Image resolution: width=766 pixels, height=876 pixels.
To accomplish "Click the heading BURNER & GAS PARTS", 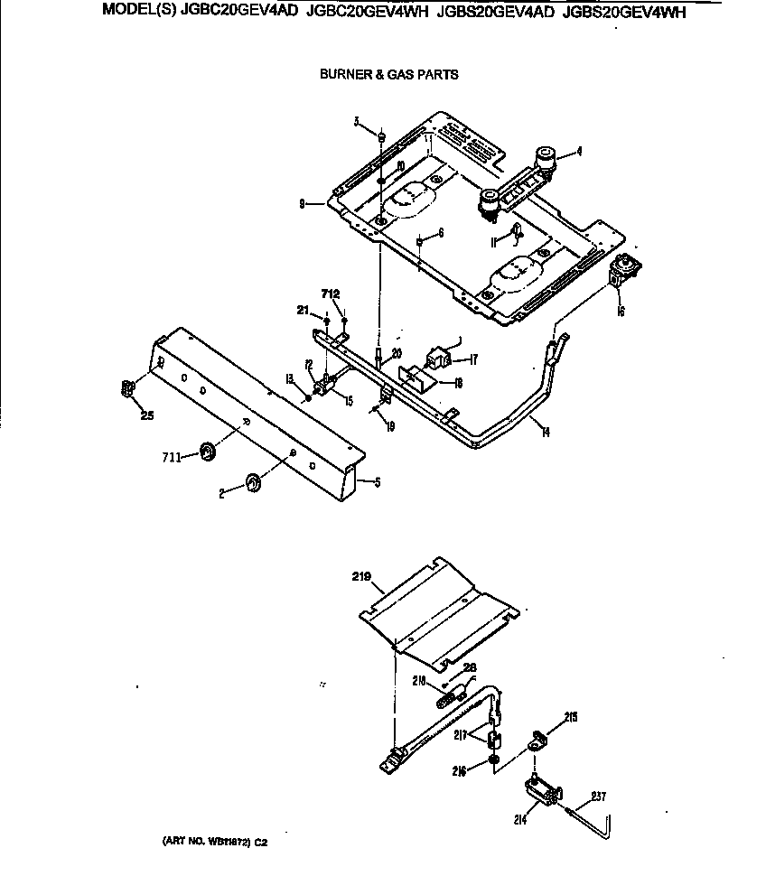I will (388, 75).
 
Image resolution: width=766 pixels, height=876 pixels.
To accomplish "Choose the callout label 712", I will (331, 293).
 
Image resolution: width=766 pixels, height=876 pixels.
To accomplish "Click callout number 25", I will (145, 415).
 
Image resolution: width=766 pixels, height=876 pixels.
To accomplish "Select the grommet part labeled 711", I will (207, 452).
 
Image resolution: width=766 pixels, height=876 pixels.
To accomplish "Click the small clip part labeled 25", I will (127, 389).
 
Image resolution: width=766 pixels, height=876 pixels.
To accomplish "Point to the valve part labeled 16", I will (622, 271).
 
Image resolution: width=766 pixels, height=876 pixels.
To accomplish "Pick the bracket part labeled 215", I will (539, 741).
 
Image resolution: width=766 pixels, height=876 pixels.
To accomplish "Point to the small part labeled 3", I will (382, 137).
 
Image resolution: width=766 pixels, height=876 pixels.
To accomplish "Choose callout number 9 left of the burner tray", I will (303, 203).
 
